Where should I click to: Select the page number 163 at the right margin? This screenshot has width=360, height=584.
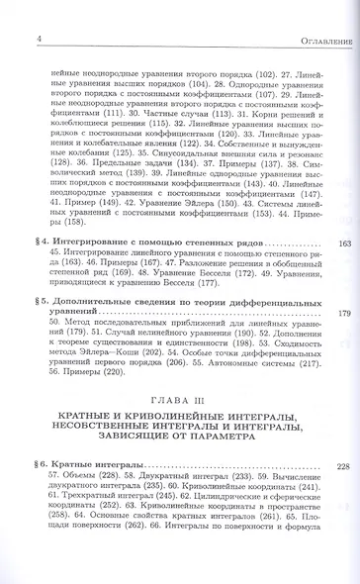pos(344,243)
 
